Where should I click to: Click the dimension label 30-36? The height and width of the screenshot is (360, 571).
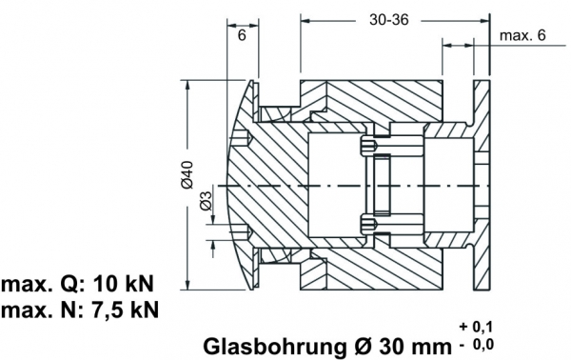[x=389, y=20]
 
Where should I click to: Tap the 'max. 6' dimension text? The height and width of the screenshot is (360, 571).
[x=522, y=35]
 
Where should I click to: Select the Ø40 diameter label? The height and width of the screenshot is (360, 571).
[x=187, y=174]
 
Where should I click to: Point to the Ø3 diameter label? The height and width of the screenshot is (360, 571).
[x=207, y=200]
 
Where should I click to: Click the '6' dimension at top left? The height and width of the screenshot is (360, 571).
[x=242, y=35]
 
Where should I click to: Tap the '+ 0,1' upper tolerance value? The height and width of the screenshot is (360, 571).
[x=476, y=327]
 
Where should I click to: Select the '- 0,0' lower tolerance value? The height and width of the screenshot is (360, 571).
[x=476, y=344]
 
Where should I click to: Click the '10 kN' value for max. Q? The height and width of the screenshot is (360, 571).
[x=124, y=284]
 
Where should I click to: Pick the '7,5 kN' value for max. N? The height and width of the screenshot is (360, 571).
[x=124, y=310]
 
